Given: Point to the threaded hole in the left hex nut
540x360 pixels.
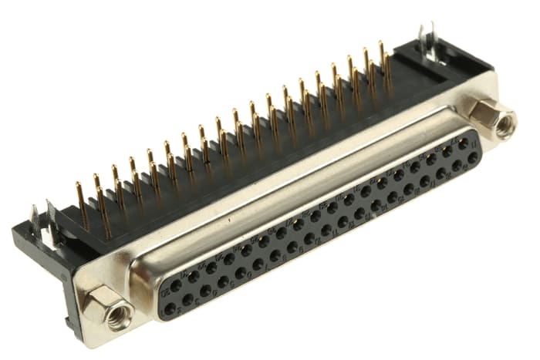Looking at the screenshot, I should click(x=117, y=315).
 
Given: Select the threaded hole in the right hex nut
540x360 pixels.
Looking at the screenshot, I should click(x=504, y=124).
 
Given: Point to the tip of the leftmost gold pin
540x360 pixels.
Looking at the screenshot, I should click(x=77, y=185).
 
